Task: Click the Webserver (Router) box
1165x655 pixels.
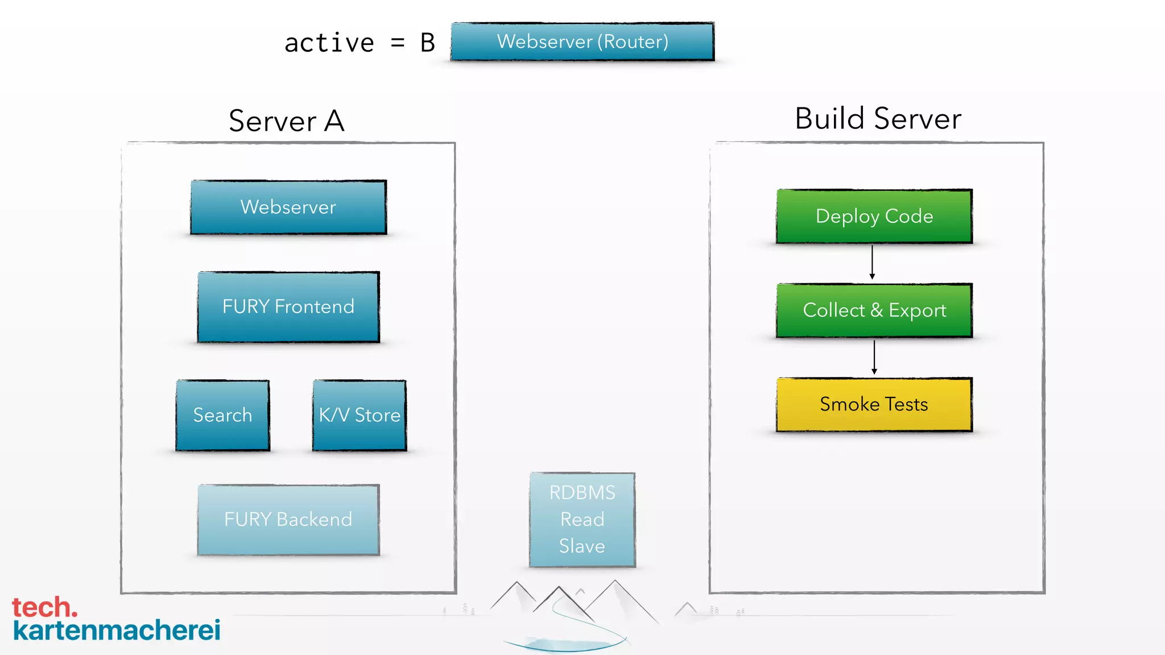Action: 582,42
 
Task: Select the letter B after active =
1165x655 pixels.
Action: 428,43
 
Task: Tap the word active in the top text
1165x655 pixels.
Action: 329,43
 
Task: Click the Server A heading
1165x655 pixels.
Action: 287,121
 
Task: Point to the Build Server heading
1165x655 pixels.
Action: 878,118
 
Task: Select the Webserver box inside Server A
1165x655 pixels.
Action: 288,207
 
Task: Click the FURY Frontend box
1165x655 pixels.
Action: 288,307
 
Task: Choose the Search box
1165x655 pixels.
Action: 222,415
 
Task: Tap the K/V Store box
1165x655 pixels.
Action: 360,415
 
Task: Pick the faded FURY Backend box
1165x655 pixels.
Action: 288,520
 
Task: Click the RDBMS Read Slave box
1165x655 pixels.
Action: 582,520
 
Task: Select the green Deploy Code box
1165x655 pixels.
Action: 874,216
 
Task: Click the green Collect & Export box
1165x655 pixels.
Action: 874,310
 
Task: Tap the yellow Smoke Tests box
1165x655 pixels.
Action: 874,404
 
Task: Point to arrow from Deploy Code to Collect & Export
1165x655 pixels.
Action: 872,262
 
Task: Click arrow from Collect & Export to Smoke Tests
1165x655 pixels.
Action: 874,356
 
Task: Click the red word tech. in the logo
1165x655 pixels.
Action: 44,607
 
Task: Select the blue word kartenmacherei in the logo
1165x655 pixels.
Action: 117,631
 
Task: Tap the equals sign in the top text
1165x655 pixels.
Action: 398,43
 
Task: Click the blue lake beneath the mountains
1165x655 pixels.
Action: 563,644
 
